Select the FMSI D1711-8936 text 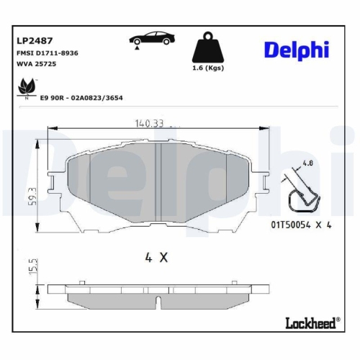[47, 53]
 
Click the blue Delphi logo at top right [295, 49]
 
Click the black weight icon [209, 48]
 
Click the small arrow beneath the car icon [135, 48]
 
